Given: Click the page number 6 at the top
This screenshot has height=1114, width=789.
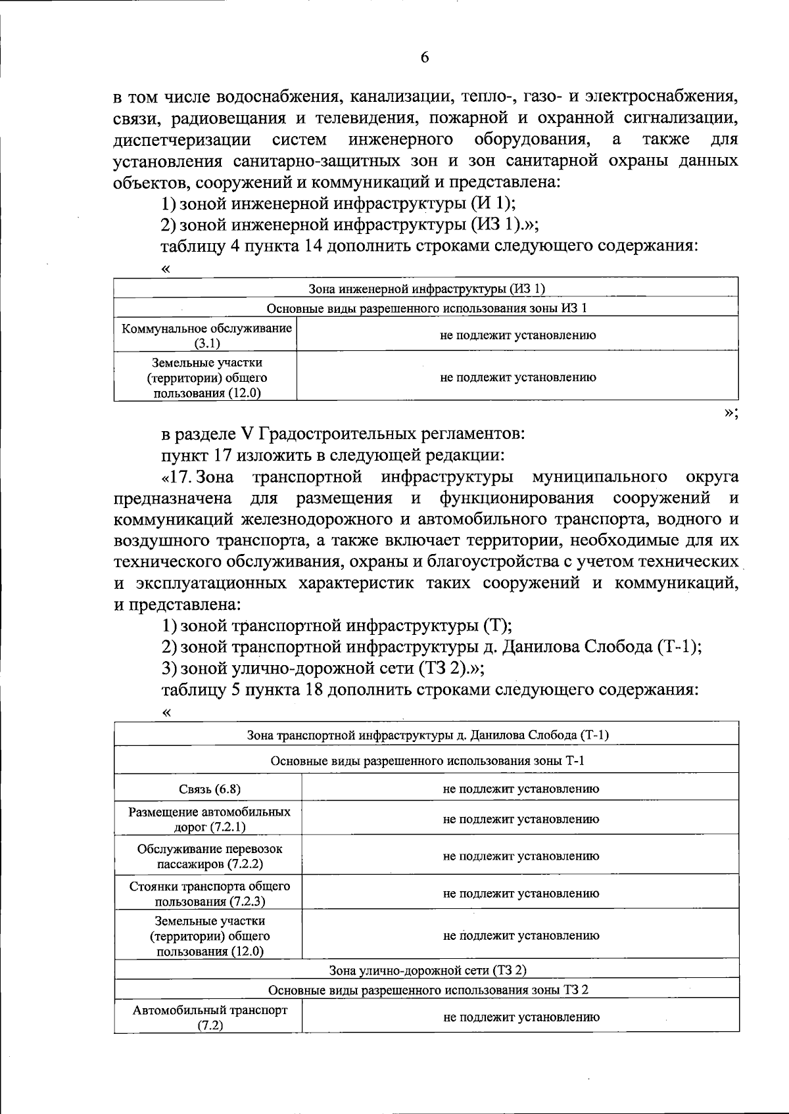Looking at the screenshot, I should [425, 57].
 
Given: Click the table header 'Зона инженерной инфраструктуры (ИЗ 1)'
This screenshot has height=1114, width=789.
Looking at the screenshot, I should [427, 289].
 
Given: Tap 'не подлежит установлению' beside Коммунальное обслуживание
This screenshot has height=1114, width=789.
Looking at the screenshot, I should [517, 335].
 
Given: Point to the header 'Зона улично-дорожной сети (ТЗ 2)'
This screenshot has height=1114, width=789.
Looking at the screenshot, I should [427, 970].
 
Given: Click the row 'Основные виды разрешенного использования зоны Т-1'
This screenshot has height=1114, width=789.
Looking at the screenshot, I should [427, 760].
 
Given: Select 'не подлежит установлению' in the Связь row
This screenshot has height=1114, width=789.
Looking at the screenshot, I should [521, 789].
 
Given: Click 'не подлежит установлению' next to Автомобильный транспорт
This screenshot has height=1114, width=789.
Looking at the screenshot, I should [521, 1017].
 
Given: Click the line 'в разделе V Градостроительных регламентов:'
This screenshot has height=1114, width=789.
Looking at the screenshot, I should [343, 434].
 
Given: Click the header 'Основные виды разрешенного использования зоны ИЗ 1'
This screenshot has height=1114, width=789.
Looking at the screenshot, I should [427, 308].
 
